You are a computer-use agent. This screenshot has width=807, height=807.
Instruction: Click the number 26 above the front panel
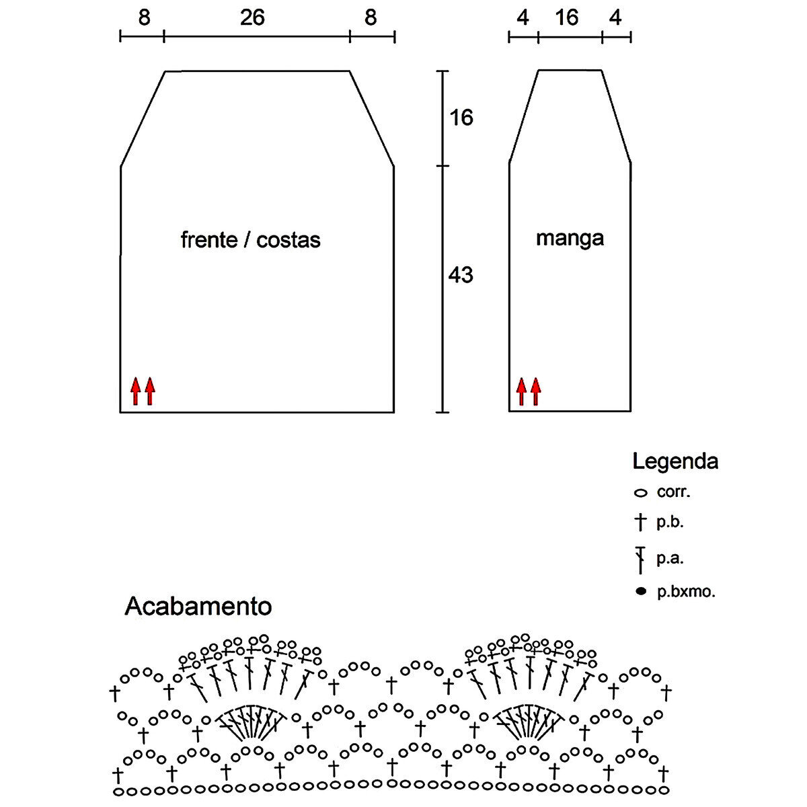(252, 18)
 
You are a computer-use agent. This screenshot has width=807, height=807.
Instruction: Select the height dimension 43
(461, 274)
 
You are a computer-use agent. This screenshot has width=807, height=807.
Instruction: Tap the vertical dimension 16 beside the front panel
(461, 118)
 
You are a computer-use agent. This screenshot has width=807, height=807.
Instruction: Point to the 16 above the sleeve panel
(567, 18)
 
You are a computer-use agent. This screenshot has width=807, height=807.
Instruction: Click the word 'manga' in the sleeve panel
(570, 237)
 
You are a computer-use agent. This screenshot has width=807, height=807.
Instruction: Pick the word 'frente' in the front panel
(208, 239)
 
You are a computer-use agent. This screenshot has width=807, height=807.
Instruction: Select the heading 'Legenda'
(675, 461)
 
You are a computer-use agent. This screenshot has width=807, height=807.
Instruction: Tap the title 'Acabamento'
(198, 607)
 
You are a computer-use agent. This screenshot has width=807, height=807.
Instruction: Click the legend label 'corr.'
(674, 492)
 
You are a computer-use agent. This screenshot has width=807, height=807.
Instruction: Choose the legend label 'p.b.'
(670, 522)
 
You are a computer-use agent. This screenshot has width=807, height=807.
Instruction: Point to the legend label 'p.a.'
(670, 558)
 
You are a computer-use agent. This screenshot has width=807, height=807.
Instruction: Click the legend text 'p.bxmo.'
(686, 592)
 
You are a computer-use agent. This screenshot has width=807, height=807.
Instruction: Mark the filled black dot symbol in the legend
(641, 592)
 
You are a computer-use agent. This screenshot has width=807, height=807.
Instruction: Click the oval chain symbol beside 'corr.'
(640, 493)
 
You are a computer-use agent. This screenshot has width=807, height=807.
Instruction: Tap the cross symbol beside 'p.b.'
(640, 522)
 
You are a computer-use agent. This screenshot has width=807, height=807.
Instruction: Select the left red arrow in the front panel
(135, 391)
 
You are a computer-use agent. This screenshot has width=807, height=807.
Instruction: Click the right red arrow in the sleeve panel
(535, 391)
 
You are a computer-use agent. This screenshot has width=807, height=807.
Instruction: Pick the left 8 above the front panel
(144, 18)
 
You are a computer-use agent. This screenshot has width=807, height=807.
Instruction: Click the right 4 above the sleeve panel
(615, 18)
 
